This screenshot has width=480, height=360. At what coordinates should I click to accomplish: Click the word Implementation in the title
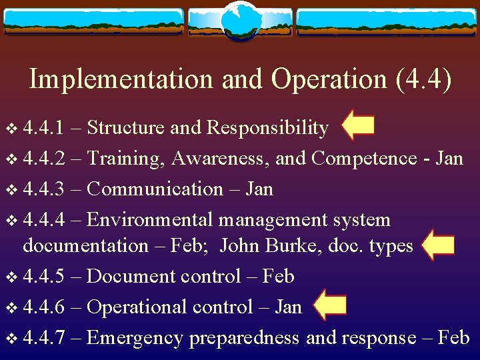point(121,80)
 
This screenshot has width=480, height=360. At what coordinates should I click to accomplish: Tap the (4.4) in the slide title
point(423,80)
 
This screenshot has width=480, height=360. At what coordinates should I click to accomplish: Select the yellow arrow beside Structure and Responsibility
point(357,126)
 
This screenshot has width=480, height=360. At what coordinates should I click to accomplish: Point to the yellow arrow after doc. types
point(438,245)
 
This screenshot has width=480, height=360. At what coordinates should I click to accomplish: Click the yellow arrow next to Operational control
point(329,306)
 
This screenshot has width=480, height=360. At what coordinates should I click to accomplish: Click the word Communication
point(155,189)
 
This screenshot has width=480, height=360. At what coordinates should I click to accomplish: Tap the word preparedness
point(244,338)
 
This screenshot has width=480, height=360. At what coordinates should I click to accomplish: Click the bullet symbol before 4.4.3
point(9,189)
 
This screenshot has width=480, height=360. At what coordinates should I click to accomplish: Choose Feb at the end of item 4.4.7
point(455,337)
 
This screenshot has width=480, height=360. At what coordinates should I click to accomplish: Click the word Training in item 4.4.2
point(125,159)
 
